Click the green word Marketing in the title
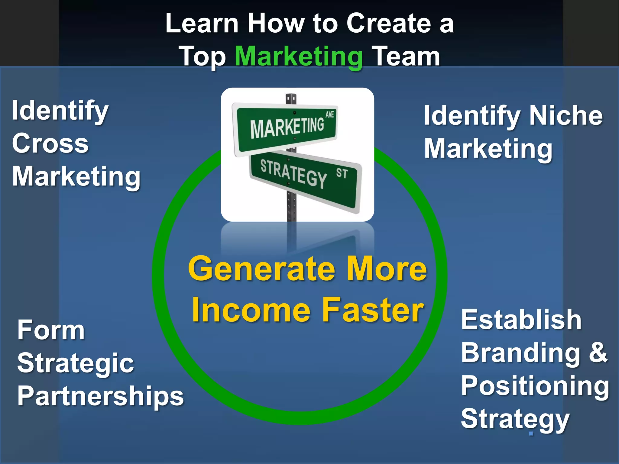point(299,56)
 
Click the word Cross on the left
point(50,144)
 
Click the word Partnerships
point(100,396)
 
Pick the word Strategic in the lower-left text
point(75,363)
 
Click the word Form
point(51,330)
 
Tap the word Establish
point(521,320)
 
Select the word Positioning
point(535,386)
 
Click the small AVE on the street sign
point(329,114)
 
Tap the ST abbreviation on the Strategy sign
point(342,173)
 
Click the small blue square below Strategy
point(531,433)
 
